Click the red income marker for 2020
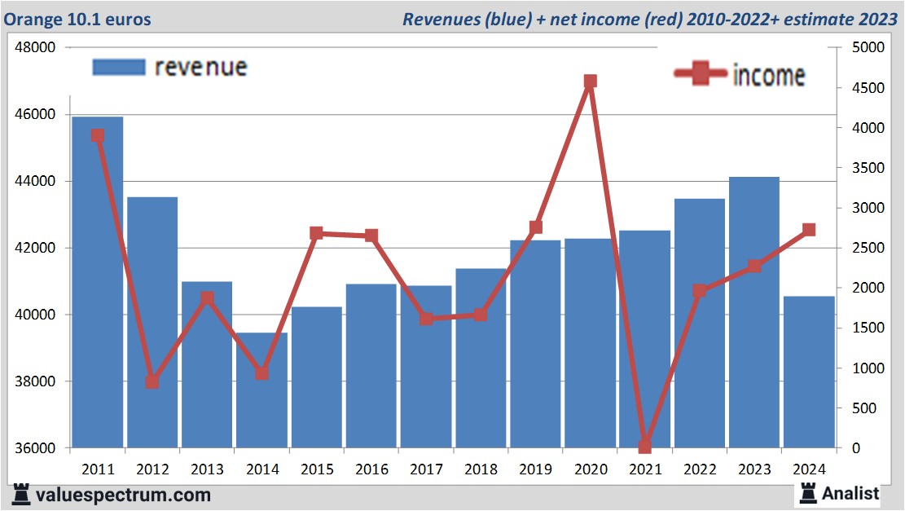click(x=591, y=81)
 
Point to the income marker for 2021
click(x=645, y=447)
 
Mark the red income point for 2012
click(x=152, y=381)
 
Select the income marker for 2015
click(x=317, y=233)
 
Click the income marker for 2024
click(x=809, y=230)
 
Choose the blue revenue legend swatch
click(x=118, y=67)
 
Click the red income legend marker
click(x=700, y=74)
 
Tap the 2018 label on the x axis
click(x=481, y=469)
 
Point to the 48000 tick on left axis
click(x=36, y=47)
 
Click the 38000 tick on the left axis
click(x=36, y=381)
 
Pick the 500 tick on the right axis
click(x=858, y=407)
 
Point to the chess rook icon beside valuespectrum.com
click(x=22, y=494)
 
